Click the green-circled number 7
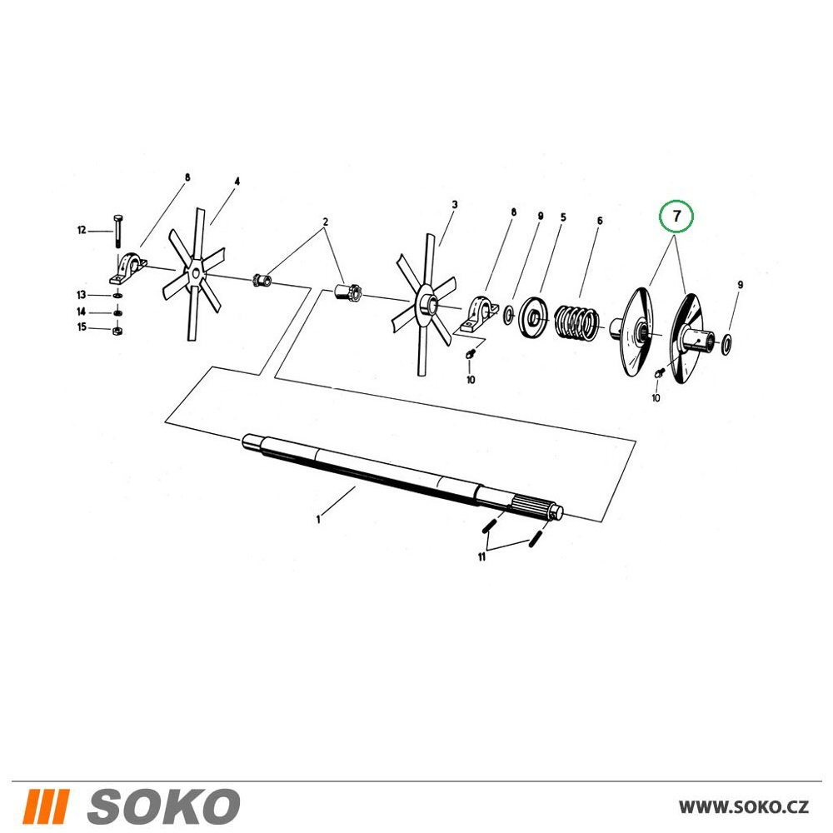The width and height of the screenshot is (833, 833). point(676,217)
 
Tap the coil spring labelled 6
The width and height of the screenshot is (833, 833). point(577,322)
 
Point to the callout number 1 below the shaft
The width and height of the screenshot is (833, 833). point(318,519)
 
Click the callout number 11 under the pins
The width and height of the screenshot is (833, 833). point(481,556)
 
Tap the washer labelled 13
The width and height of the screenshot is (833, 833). point(117,295)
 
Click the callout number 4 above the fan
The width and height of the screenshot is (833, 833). point(237,182)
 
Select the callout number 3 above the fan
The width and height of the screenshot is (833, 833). point(454,205)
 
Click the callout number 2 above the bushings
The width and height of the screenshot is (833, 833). point(325,222)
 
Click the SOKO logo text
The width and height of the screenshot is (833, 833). point(163,806)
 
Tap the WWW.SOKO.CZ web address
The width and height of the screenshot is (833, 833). point(744,807)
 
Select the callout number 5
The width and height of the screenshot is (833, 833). point(563,217)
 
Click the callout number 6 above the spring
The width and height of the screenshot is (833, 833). point(599,221)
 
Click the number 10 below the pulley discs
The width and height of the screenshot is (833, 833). point(656,397)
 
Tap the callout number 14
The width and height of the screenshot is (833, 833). point(82,312)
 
